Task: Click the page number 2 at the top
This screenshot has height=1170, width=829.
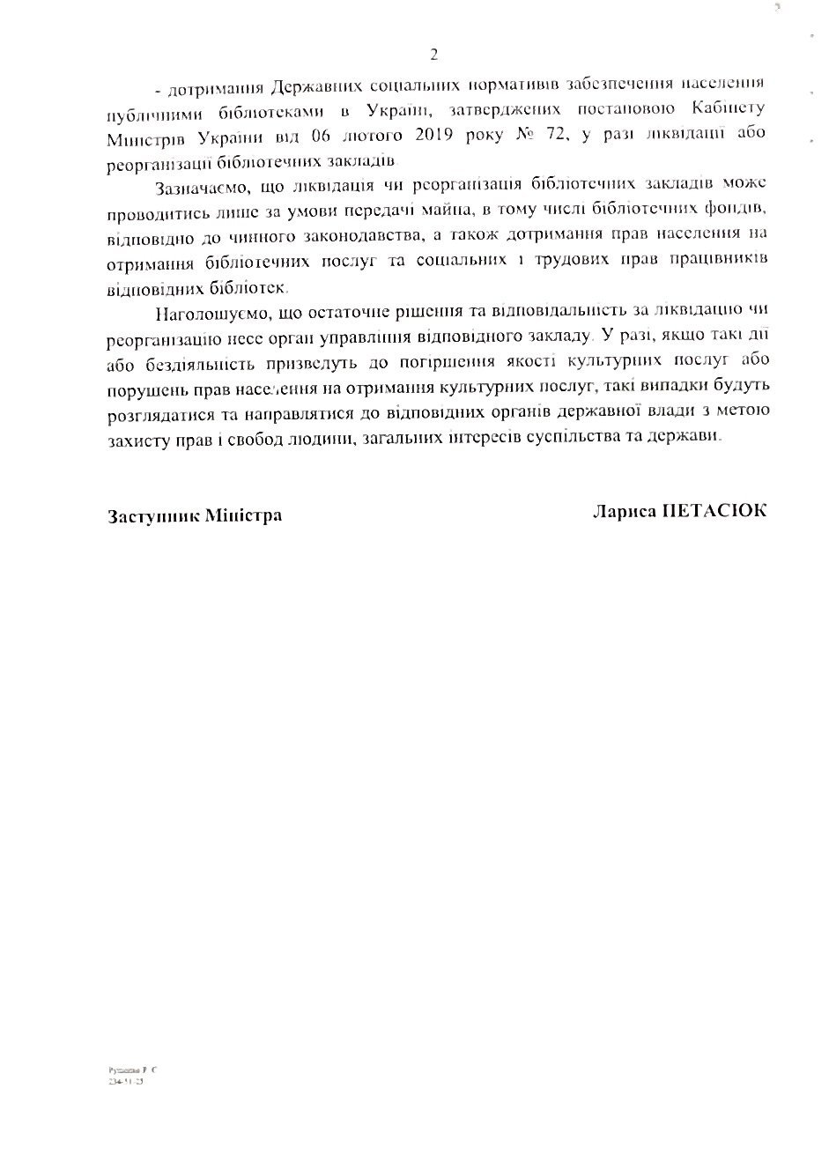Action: tap(433, 55)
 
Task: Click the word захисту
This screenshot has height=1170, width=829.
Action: tap(138, 438)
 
